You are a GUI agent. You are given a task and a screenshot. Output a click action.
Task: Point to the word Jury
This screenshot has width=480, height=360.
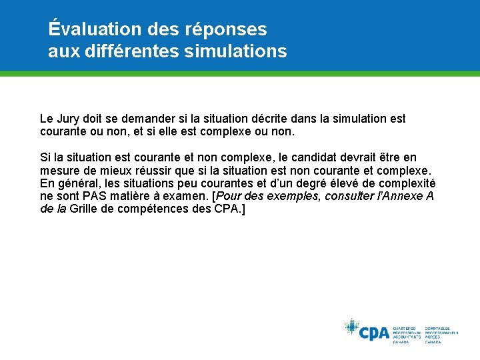pyautogui.click(x=70, y=119)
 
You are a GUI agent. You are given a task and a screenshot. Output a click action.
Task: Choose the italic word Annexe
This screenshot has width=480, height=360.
pyautogui.click(x=403, y=196)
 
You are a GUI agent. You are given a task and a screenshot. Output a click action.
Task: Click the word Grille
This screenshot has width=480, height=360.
pyautogui.click(x=85, y=209)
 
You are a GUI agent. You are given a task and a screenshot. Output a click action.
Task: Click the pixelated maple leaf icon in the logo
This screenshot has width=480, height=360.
pyautogui.click(x=351, y=327)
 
